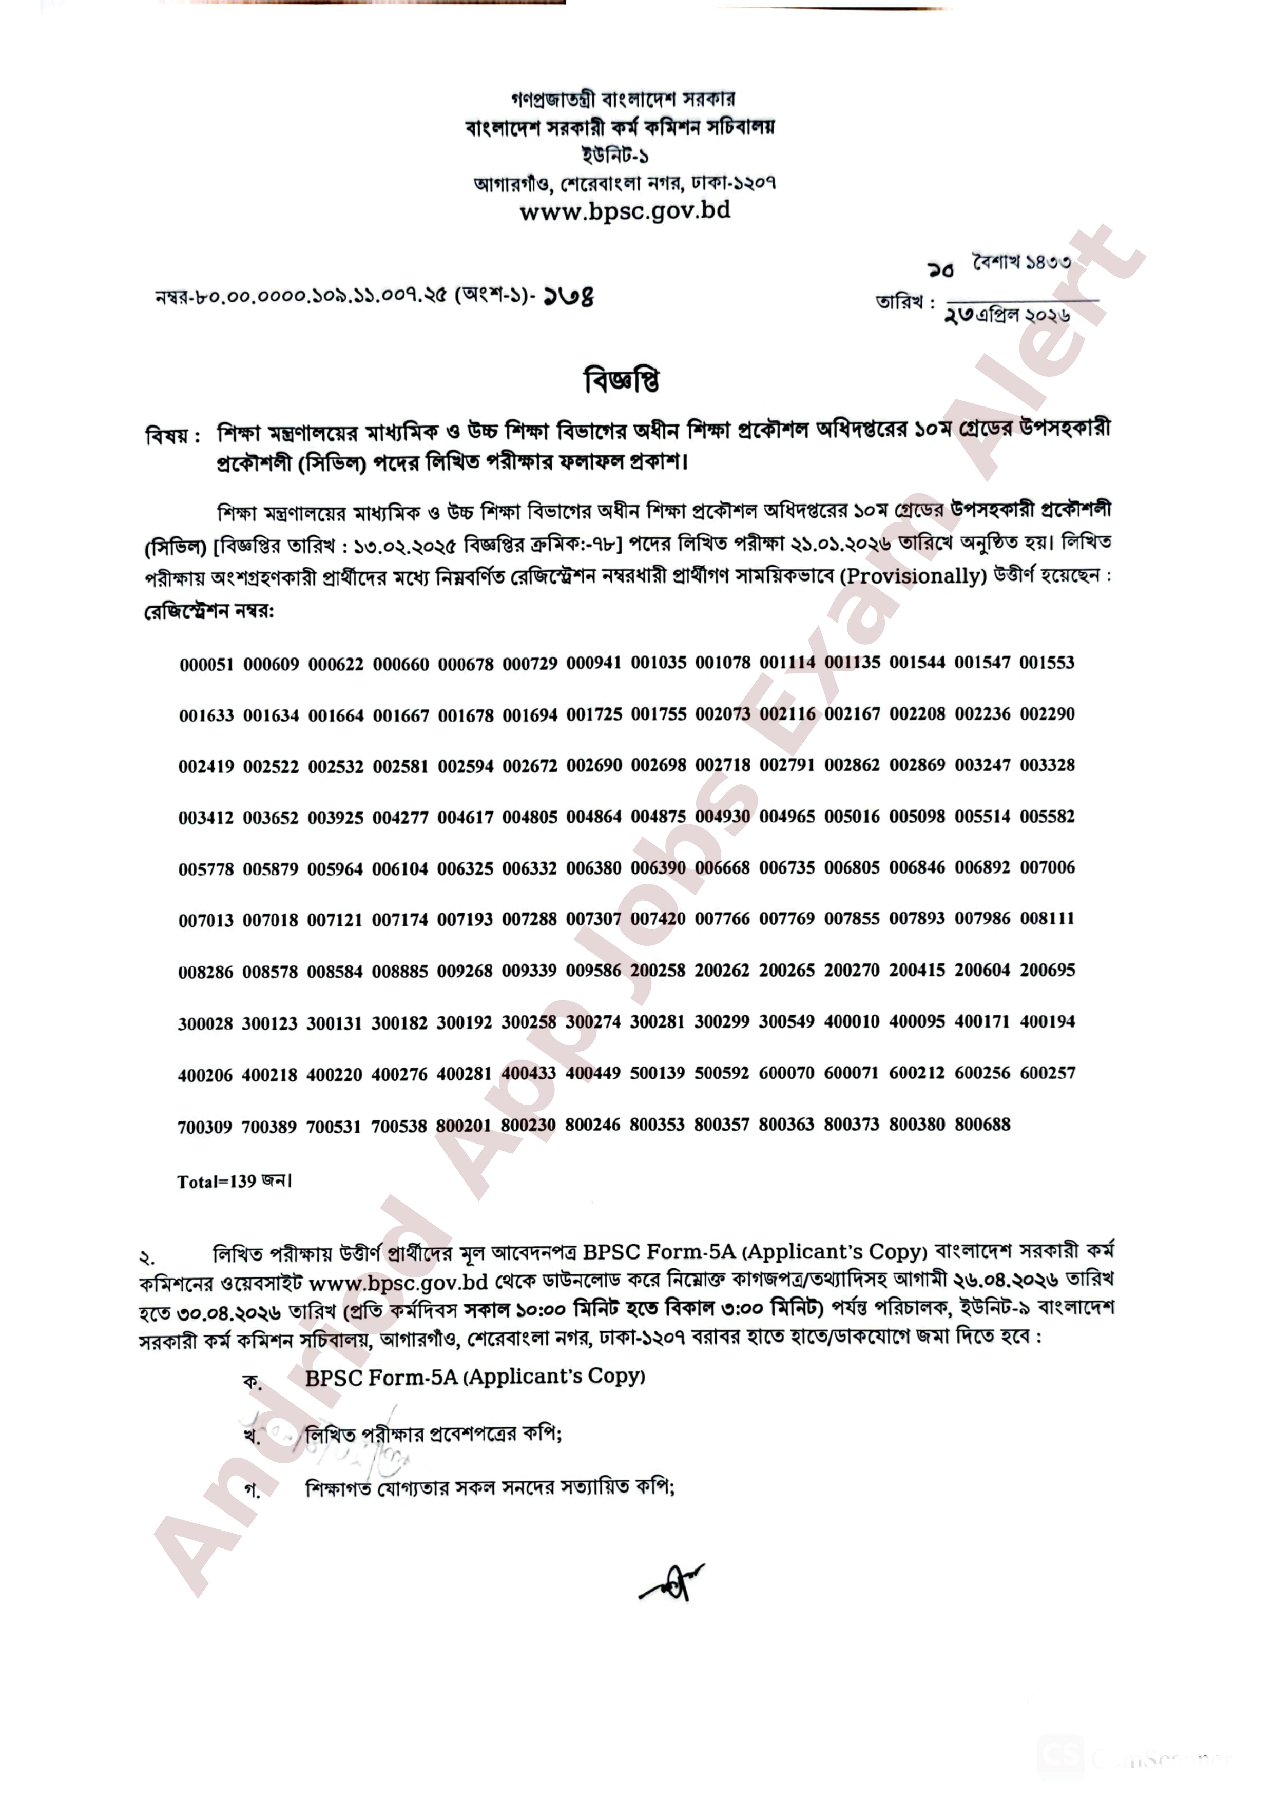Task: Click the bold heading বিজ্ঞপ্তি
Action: pos(622,381)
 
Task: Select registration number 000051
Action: pos(206,665)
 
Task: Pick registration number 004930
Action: pos(722,817)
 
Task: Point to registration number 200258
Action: pos(657,971)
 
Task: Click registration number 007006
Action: pos(1047,867)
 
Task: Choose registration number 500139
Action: pos(657,1073)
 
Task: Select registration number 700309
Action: pos(205,1127)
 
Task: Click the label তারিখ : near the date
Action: pos(905,303)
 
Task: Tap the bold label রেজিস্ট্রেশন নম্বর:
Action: pos(208,611)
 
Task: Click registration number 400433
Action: pos(529,1073)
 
